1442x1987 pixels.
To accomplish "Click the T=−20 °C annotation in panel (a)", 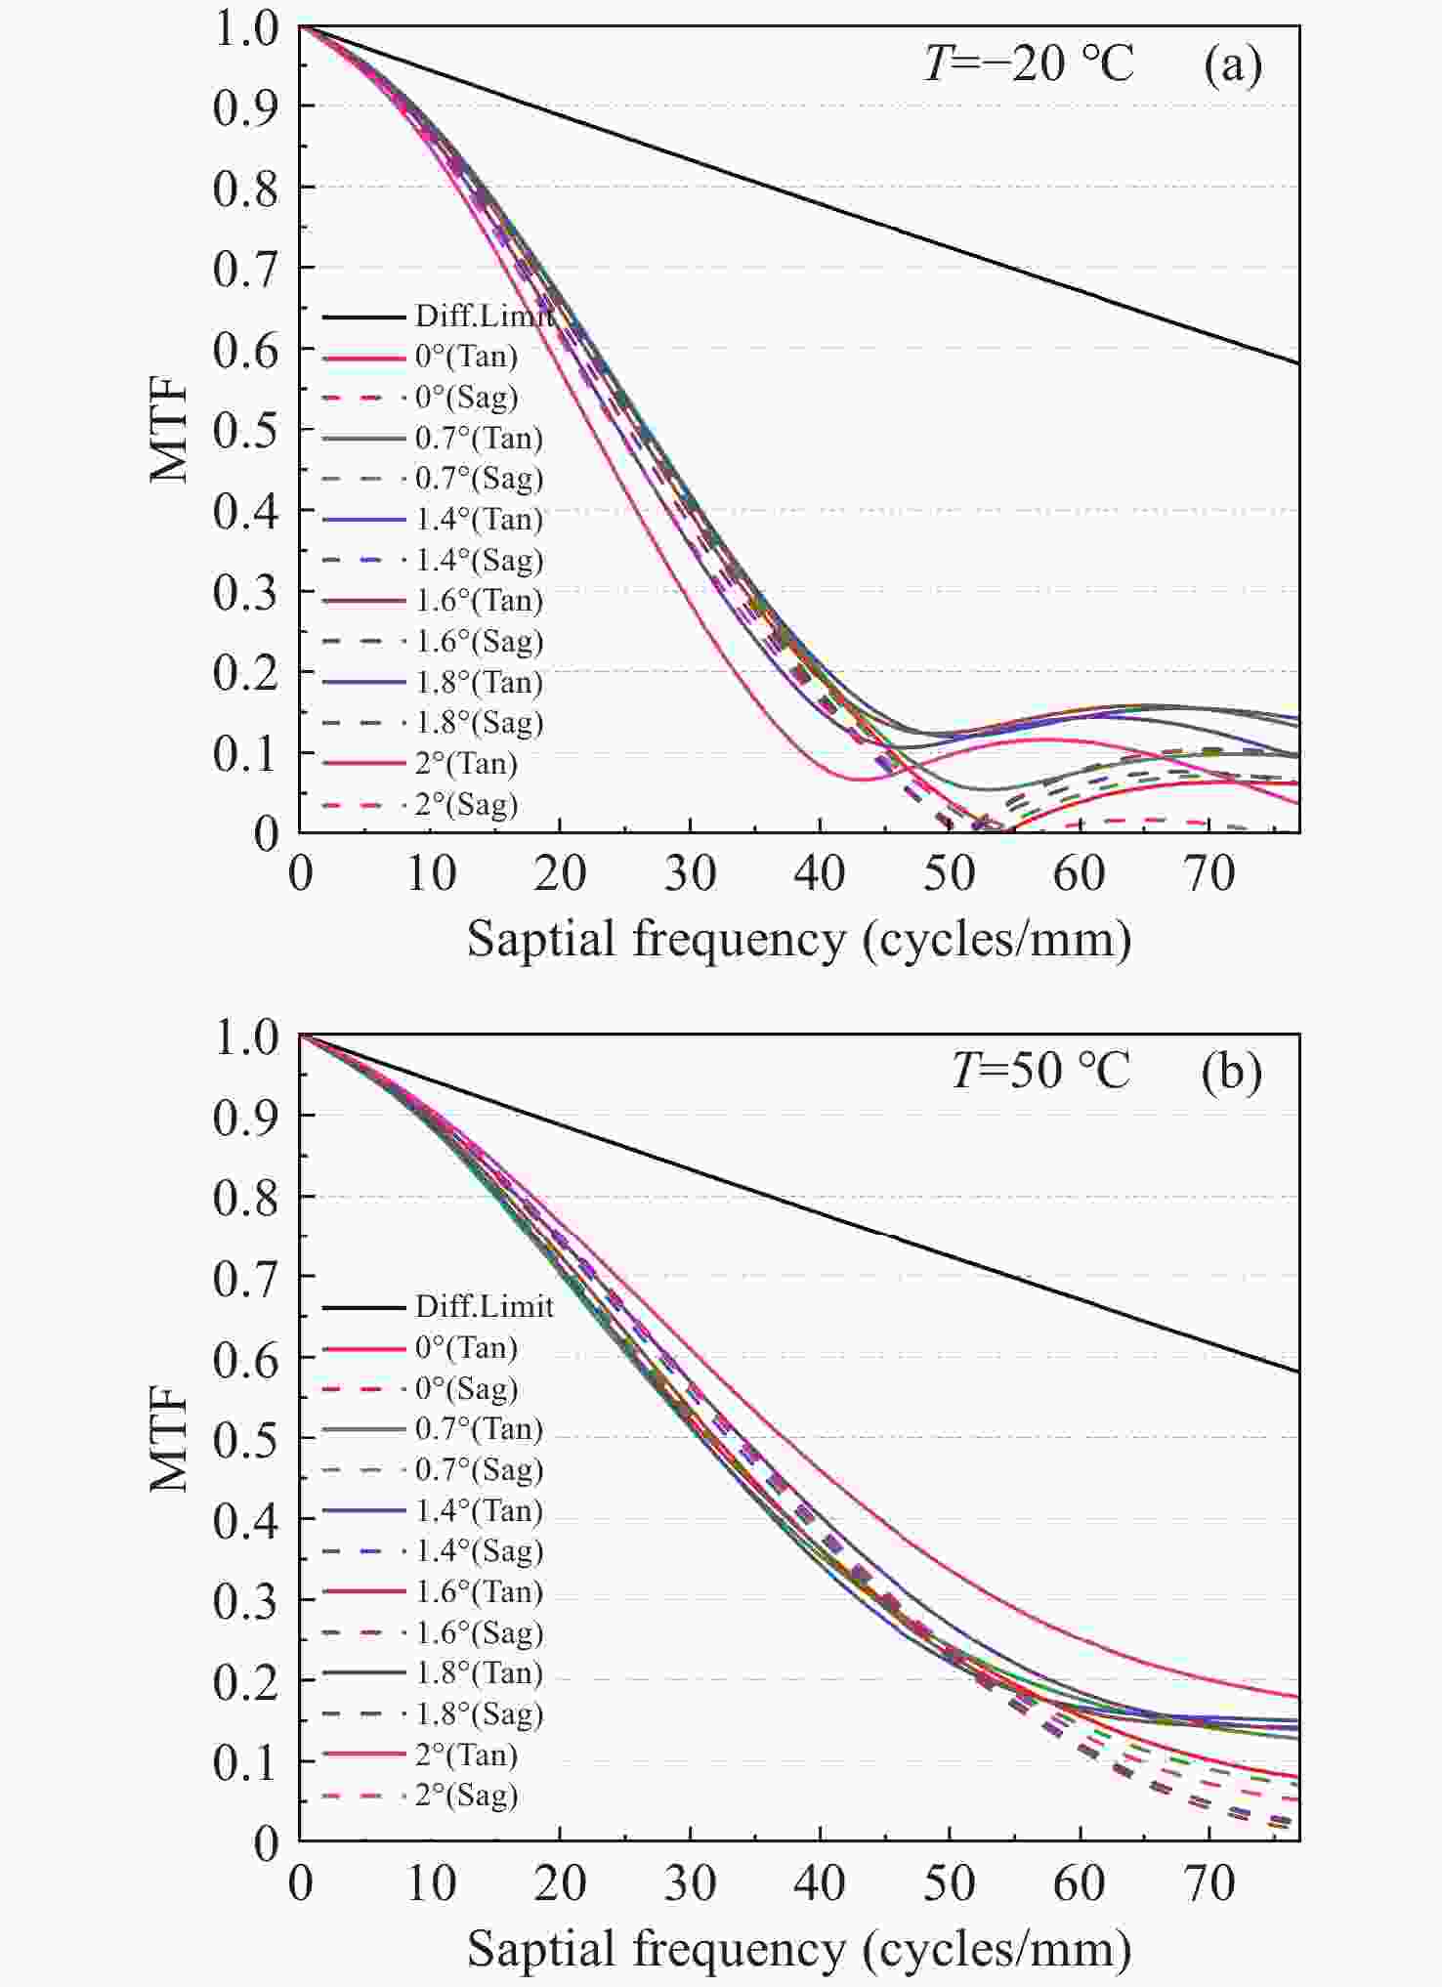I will tap(1028, 64).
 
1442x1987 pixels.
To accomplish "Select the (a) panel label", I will tap(1232, 65).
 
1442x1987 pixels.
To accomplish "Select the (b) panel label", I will tap(1231, 1071).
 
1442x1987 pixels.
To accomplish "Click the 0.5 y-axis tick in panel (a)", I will tap(245, 430).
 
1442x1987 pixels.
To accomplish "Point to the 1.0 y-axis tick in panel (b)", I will tap(245, 1036).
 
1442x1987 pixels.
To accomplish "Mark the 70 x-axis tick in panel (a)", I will tap(1209, 872).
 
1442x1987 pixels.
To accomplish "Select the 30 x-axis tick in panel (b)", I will tap(690, 1881).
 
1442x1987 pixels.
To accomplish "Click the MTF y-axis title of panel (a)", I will tap(169, 430).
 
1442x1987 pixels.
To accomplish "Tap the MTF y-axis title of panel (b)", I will tap(169, 1438).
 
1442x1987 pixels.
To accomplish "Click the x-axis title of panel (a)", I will tap(799, 939).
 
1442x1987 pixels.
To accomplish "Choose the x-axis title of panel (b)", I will tap(799, 1948).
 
